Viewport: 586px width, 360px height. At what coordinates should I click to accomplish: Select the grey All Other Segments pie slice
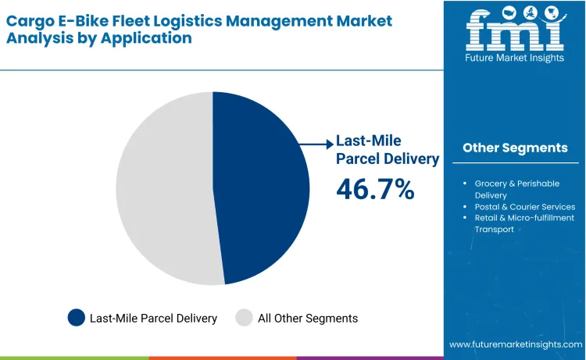tap(164, 187)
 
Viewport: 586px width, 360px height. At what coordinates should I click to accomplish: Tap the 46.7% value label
tap(375, 189)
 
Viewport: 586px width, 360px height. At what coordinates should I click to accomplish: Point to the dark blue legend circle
tap(76, 318)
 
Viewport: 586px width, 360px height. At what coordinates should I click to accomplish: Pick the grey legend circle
tap(245, 318)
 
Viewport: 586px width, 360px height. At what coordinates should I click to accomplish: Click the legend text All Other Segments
tap(308, 318)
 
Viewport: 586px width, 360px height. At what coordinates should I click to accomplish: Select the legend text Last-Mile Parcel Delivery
tap(153, 318)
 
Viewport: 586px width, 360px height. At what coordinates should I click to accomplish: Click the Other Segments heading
tap(515, 148)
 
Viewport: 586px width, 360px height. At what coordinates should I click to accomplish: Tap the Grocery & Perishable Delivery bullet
tap(516, 189)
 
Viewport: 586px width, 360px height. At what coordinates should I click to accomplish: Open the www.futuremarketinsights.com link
tap(516, 344)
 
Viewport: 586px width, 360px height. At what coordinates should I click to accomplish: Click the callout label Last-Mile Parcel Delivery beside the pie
tap(387, 150)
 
